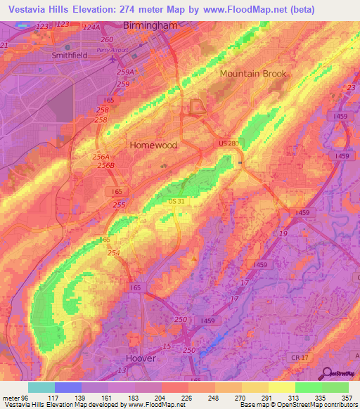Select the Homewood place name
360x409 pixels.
(153, 144)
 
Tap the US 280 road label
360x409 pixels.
(229, 143)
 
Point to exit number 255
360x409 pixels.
(119, 204)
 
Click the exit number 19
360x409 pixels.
(283, 233)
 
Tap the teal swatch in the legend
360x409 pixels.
(41, 387)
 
